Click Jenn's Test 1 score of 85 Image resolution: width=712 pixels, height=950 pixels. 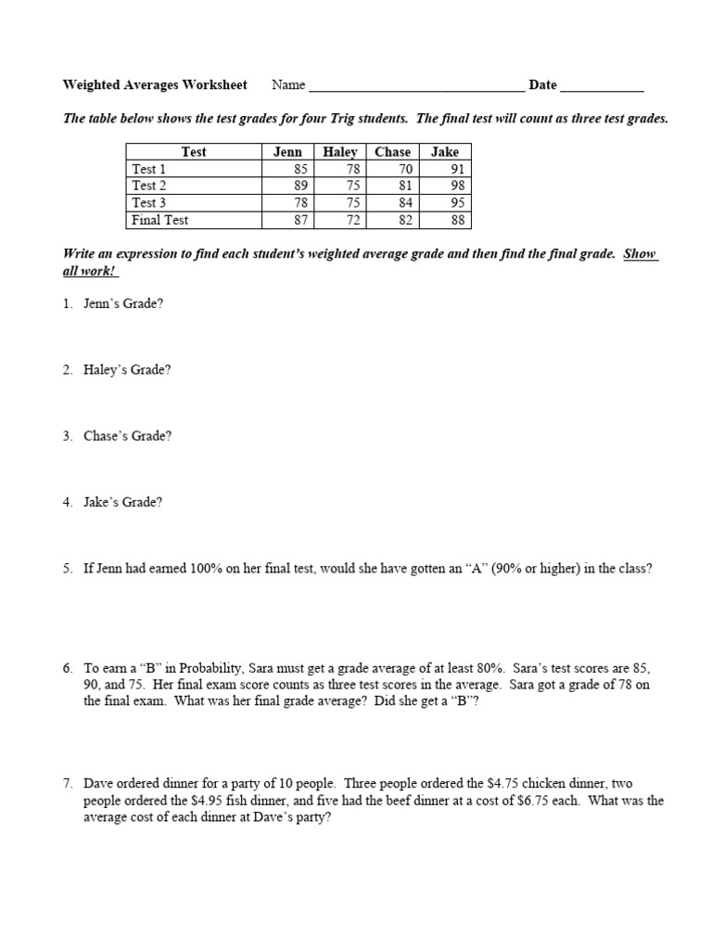pyautogui.click(x=299, y=170)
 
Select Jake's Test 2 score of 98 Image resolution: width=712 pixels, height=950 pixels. pyautogui.click(x=456, y=186)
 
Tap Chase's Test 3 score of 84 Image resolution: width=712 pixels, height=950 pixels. pyautogui.click(x=404, y=203)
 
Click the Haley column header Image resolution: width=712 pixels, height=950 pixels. pyautogui.click(x=340, y=152)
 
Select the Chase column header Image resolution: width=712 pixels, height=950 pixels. pyautogui.click(x=392, y=152)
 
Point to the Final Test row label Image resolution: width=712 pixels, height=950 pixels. pyautogui.click(x=160, y=220)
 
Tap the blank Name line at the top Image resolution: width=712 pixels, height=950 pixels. pyautogui.click(x=416, y=86)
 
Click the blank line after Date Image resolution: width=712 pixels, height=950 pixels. pyautogui.click(x=602, y=86)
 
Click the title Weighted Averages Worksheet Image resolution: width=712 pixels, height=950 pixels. pyautogui.click(x=155, y=85)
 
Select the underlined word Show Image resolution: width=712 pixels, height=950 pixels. pyautogui.click(x=640, y=253)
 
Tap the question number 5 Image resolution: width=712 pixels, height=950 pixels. pyautogui.click(x=68, y=570)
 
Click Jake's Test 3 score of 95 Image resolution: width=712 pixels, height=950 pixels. pyautogui.click(x=456, y=203)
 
